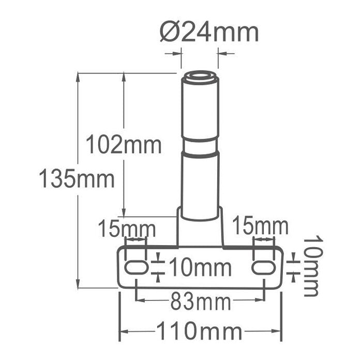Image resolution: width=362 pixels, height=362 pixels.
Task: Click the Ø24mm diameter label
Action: click(x=209, y=33)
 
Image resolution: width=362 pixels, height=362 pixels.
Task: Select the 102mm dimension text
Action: click(x=124, y=144)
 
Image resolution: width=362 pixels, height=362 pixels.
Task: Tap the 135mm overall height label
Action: click(x=77, y=179)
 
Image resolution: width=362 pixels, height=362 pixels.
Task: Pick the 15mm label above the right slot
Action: click(x=260, y=226)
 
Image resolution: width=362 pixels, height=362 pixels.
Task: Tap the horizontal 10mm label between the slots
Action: click(x=200, y=267)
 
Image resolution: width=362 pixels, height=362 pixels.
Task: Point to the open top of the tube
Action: click(x=200, y=78)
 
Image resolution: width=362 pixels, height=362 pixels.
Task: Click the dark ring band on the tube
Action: click(x=200, y=154)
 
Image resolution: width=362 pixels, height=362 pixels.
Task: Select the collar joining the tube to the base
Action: click(x=200, y=228)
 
